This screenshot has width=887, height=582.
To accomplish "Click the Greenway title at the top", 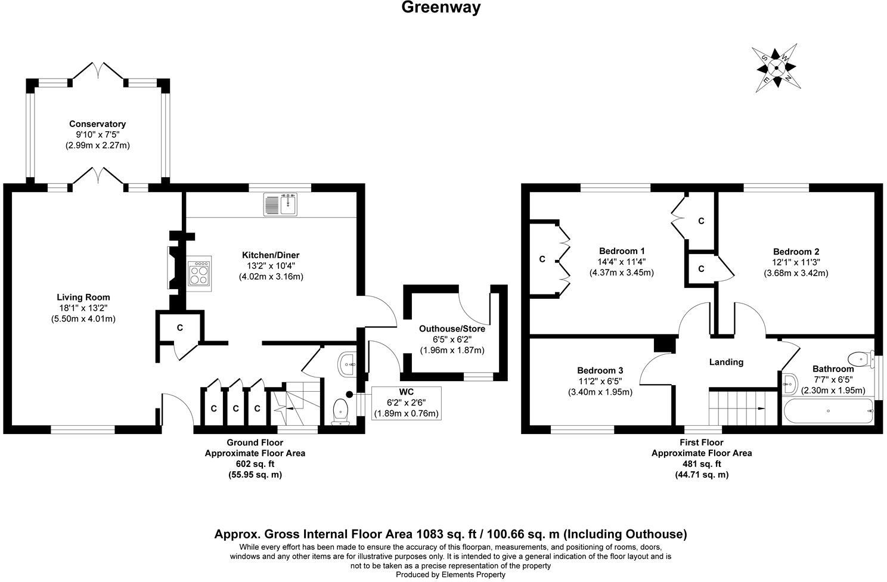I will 441,8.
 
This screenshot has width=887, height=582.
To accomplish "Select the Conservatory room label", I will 97,124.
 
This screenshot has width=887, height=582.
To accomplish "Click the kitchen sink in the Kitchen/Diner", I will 280,205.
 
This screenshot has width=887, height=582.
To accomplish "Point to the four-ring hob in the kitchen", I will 199,274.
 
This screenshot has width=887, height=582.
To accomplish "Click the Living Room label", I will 83,297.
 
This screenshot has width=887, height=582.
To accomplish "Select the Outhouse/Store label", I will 452,329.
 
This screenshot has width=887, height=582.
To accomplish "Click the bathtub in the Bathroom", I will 828,411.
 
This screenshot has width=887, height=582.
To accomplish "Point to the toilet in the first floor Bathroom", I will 858,359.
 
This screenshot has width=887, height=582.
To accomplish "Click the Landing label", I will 726,362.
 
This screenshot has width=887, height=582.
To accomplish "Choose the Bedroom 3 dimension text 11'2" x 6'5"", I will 600,381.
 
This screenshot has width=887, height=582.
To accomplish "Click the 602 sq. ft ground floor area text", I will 255,464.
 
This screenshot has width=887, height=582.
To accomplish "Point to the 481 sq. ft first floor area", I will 701,464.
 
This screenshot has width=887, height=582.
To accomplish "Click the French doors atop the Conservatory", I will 97,70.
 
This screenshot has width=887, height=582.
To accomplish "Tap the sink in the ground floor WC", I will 348,364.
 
